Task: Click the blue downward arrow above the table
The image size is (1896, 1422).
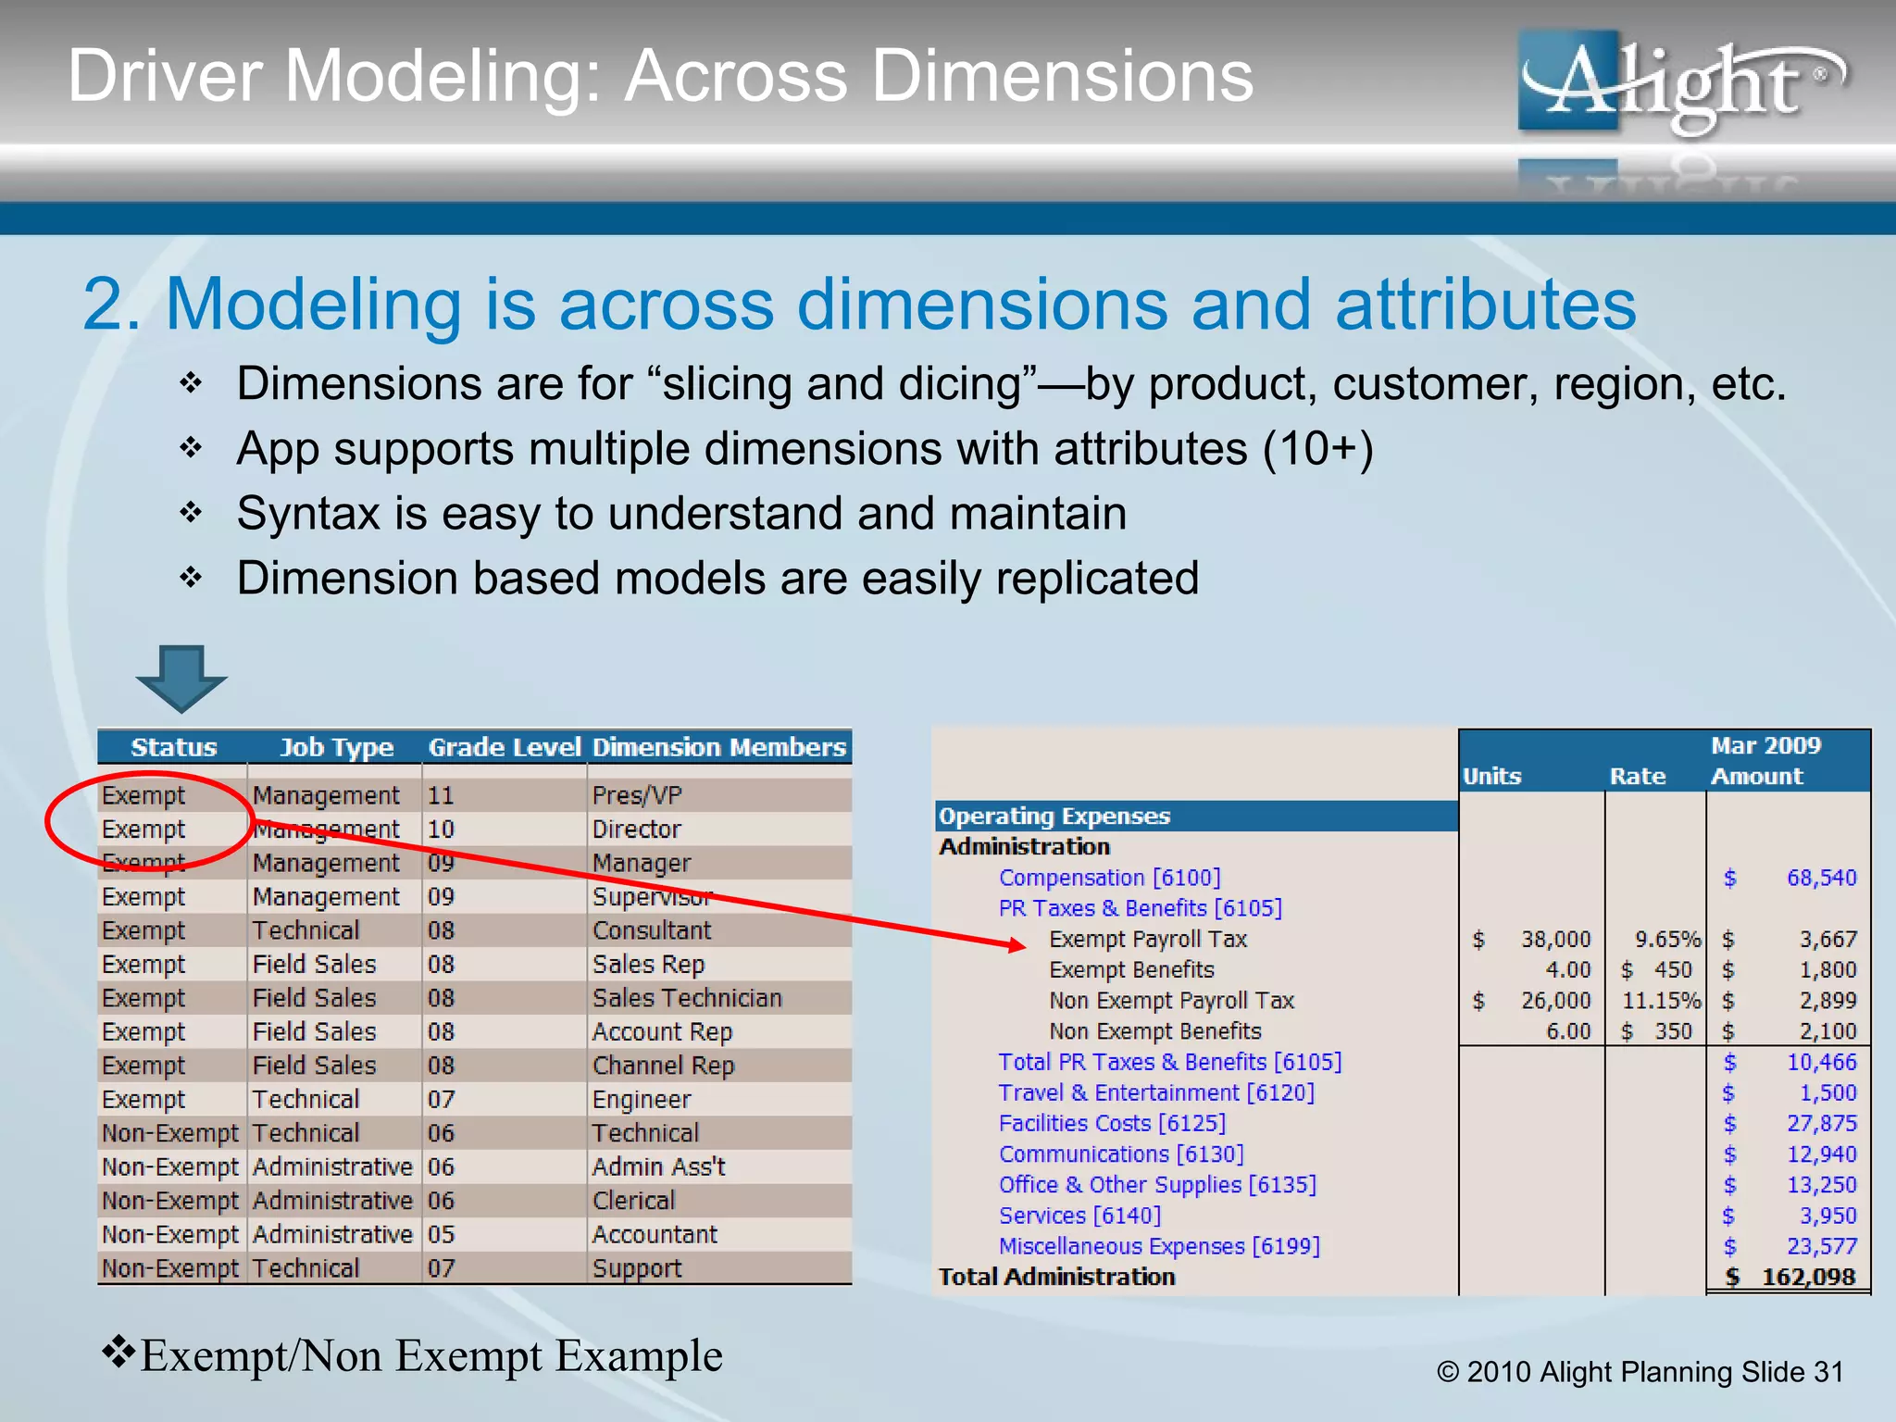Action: [x=181, y=677]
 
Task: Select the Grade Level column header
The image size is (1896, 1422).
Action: [x=504, y=747]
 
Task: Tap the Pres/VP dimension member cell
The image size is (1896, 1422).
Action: [x=637, y=795]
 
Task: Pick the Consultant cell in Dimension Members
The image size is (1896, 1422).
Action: [x=652, y=930]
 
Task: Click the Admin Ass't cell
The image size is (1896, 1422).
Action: [x=658, y=1166]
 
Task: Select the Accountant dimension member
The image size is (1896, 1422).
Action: [x=655, y=1234]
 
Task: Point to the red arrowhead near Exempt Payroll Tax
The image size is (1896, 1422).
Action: [x=1017, y=944]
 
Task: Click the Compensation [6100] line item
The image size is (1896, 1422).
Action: [x=1109, y=878]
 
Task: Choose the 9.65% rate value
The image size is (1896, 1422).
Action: [x=1667, y=940]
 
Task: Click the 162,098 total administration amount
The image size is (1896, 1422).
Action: [x=1807, y=1277]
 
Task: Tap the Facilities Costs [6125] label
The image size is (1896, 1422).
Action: [x=1112, y=1123]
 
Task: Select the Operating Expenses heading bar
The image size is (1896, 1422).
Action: [x=1194, y=816]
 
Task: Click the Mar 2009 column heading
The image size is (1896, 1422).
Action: [x=1765, y=745]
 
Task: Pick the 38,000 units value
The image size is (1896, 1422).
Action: [x=1555, y=940]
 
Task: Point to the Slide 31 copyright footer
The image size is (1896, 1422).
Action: [x=1640, y=1371]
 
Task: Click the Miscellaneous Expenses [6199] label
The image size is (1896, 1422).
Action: [x=1159, y=1246]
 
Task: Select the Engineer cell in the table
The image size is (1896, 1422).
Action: [x=642, y=1099]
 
